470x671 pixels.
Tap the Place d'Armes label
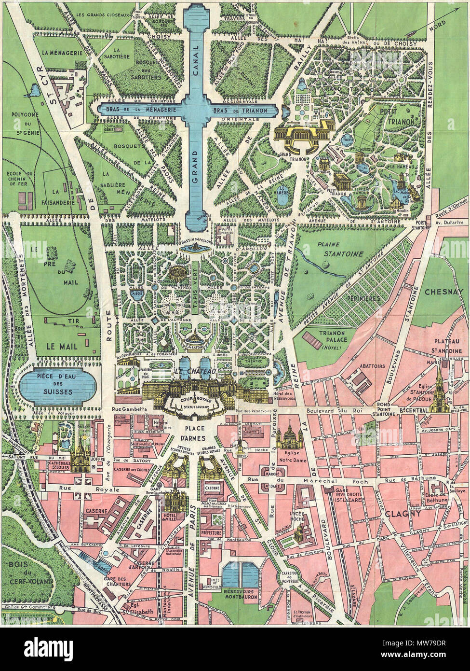193,433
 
